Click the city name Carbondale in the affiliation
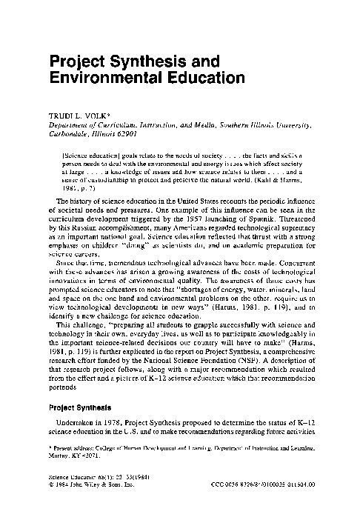point(66,135)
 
